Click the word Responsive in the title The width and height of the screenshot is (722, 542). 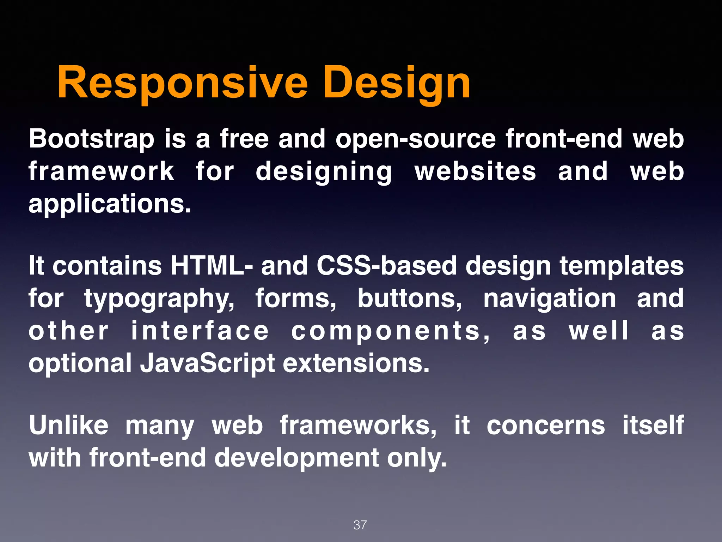tap(183, 84)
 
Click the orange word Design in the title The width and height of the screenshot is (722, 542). tap(396, 84)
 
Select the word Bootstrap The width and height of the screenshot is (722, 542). tap(92, 139)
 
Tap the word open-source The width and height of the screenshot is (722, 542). tap(416, 139)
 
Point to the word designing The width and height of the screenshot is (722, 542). tap(324, 171)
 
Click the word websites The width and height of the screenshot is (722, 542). tap(475, 171)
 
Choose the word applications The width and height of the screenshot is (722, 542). tap(110, 204)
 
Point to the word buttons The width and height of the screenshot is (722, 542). tap(410, 298)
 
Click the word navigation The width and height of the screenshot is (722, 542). tap(550, 298)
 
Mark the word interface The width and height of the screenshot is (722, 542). tap(200, 331)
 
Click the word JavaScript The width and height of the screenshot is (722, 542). tap(207, 363)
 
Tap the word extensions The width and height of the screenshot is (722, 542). tap(356, 363)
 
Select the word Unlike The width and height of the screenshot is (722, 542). tap(69, 425)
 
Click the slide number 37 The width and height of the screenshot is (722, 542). tap(360, 525)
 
